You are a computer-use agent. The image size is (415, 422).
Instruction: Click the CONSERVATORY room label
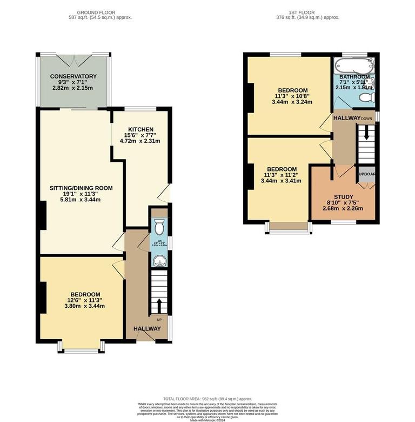click(73, 76)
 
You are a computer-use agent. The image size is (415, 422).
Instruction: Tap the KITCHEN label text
click(140, 129)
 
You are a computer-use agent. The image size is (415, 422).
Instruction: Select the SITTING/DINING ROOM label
click(81, 188)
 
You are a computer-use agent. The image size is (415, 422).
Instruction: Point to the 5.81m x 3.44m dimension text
click(81, 200)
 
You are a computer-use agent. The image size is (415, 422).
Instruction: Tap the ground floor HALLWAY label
click(147, 328)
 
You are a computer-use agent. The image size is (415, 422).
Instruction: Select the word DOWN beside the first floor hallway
click(367, 118)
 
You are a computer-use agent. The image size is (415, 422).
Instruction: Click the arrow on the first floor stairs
click(366, 133)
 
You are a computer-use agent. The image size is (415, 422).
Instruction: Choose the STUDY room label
click(343, 197)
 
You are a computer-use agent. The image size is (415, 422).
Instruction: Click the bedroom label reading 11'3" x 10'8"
click(293, 90)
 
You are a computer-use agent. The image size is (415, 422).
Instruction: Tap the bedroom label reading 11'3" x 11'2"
click(281, 169)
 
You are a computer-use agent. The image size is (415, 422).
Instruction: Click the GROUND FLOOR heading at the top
click(97, 12)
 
